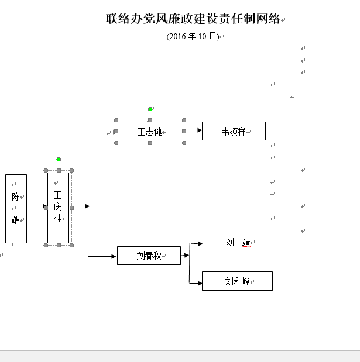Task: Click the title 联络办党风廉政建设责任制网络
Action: coord(193,19)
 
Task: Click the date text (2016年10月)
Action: coord(193,36)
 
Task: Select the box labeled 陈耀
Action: coord(16,208)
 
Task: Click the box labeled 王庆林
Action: coord(59,207)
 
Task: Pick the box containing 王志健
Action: coord(149,132)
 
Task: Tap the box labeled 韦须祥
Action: coord(234,131)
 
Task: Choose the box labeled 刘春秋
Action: coord(149,256)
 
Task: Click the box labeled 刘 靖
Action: coord(238,242)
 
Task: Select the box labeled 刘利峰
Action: coord(237,281)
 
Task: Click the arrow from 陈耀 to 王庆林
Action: coord(36,206)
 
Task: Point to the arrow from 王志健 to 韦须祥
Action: coord(192,130)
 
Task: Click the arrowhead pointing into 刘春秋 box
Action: coord(114,256)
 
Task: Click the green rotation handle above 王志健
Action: coord(150,109)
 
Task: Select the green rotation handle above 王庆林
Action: coord(59,159)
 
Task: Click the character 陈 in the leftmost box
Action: coord(16,196)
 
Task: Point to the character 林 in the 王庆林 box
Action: coord(58,218)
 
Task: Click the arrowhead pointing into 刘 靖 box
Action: coord(200,243)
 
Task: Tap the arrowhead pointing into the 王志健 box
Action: coord(114,132)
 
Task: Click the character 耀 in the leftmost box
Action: coord(16,220)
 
